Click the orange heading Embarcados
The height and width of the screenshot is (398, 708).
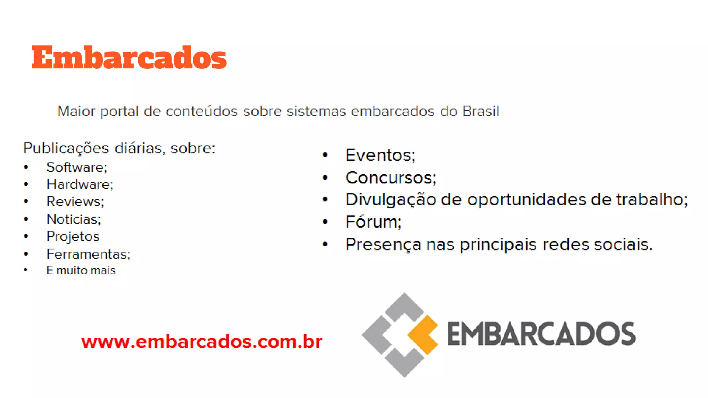[129, 57]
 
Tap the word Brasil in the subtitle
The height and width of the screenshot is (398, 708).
[481, 111]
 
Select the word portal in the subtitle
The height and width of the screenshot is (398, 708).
[119, 112]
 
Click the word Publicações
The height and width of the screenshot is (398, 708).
[66, 148]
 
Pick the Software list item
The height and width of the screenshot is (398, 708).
[77, 167]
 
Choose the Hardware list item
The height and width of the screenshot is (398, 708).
[80, 184]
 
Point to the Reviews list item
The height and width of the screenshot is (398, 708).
[75, 201]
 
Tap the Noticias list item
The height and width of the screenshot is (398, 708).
[74, 219]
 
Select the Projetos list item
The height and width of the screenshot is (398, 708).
[73, 236]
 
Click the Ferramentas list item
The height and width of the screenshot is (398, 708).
[88, 254]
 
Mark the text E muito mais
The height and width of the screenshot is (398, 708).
[81, 270]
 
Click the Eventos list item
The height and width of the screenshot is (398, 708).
[380, 155]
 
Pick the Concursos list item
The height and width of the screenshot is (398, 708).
[391, 178]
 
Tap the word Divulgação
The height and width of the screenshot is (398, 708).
[391, 200]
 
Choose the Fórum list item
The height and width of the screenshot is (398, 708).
[373, 222]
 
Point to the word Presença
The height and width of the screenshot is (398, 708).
[383, 245]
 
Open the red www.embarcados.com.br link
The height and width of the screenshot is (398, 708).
[202, 342]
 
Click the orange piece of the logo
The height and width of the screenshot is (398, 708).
[423, 334]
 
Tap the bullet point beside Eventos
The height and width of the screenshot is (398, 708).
[325, 155]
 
